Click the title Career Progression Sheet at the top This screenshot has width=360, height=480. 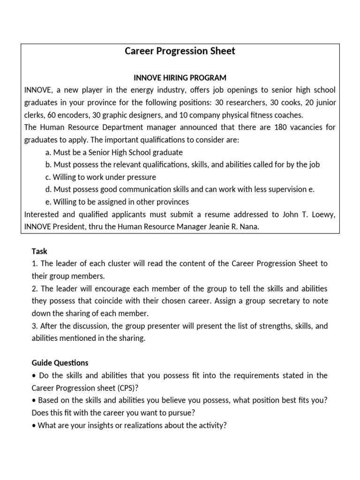pos(180,51)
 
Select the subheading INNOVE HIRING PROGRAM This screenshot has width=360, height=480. pos(180,77)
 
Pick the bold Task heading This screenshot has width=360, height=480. pos(39,251)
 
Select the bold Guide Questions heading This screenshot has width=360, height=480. pos(60,363)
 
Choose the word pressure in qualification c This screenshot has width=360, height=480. pos(142,177)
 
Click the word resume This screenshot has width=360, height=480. pos(213,214)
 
